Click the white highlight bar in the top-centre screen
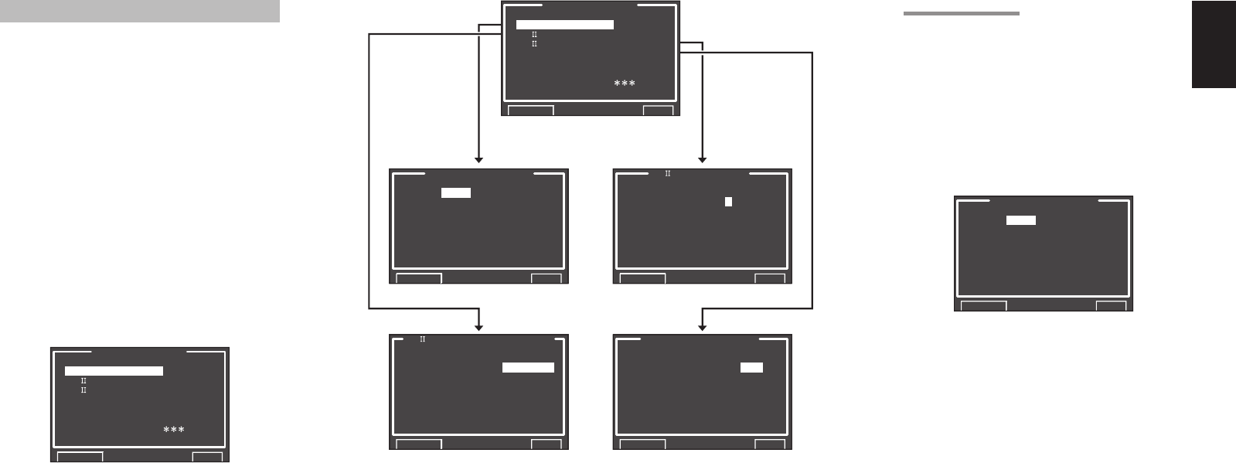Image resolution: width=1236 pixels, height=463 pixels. pyautogui.click(x=564, y=25)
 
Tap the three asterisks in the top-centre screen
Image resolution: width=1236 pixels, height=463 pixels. pyautogui.click(x=625, y=83)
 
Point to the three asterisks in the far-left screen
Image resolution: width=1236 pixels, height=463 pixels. pyautogui.click(x=173, y=430)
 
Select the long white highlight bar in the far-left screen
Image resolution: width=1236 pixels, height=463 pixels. pyautogui.click(x=114, y=371)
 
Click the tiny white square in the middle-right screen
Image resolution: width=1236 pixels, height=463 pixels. pyautogui.click(x=728, y=202)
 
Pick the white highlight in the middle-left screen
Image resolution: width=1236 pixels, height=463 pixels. pyautogui.click(x=456, y=193)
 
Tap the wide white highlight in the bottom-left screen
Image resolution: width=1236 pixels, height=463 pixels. pyautogui.click(x=528, y=367)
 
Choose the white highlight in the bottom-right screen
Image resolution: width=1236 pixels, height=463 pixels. pyautogui.click(x=751, y=367)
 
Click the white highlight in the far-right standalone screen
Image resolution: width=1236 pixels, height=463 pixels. pyautogui.click(x=1021, y=220)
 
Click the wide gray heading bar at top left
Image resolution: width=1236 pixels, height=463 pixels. pyautogui.click(x=139, y=12)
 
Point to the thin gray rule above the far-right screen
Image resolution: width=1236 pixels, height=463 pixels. pyautogui.click(x=961, y=13)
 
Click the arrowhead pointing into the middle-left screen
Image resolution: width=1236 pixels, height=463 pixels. pyautogui.click(x=479, y=159)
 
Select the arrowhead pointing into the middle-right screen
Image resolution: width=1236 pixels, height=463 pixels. pyautogui.click(x=703, y=159)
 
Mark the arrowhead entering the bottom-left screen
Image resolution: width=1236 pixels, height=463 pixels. pyautogui.click(x=479, y=327)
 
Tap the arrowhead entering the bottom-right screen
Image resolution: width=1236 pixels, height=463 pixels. pyautogui.click(x=703, y=327)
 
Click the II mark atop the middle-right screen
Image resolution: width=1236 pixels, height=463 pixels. pyautogui.click(x=668, y=174)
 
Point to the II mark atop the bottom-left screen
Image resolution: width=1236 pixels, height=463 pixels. pyautogui.click(x=423, y=339)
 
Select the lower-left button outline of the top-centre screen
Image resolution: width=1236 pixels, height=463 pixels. pyautogui.click(x=529, y=111)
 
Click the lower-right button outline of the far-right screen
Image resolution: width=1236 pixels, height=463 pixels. pyautogui.click(x=1111, y=306)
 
